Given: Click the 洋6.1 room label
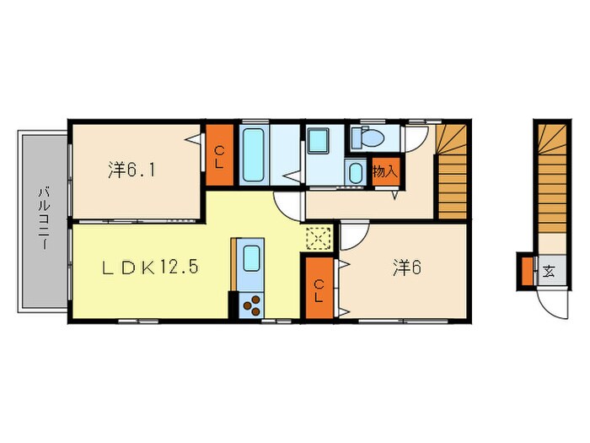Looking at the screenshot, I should pyautogui.click(x=131, y=169).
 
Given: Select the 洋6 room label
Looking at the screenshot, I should pyautogui.click(x=405, y=267).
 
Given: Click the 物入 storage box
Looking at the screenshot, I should pyautogui.click(x=383, y=170).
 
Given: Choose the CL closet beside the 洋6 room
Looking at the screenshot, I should pyautogui.click(x=320, y=289).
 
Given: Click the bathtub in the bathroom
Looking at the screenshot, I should pyautogui.click(x=254, y=154).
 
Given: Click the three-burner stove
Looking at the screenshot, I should pyautogui.click(x=250, y=304).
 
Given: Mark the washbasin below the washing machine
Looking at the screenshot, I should pyautogui.click(x=357, y=174).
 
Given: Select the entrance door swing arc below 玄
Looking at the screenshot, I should pyautogui.click(x=552, y=304).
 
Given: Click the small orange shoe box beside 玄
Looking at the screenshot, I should pyautogui.click(x=525, y=272).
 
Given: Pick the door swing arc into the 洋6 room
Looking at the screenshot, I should pyautogui.click(x=353, y=234).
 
